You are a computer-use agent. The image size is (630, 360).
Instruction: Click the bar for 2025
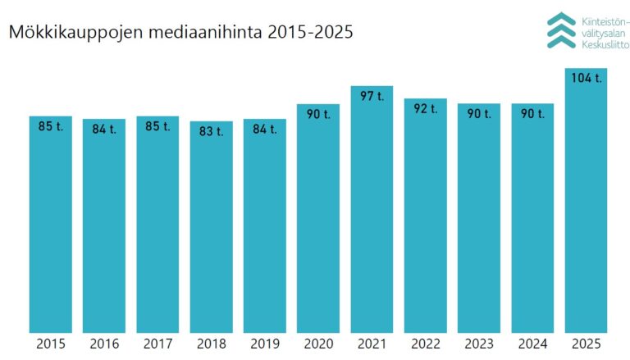586,205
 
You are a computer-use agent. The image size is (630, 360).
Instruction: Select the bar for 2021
371,213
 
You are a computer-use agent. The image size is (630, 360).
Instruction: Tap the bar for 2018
211,230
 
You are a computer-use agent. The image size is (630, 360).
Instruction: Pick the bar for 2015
50,226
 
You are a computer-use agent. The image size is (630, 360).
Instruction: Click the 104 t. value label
586,79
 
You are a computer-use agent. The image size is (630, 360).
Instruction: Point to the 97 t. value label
372,96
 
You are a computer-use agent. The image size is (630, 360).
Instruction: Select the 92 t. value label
425,108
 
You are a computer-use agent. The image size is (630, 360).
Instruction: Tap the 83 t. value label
211,131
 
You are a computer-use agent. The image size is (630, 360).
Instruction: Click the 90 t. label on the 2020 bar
317,114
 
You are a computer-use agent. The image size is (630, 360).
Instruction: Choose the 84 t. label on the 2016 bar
103,129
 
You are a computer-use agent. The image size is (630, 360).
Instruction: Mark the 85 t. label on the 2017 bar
157,126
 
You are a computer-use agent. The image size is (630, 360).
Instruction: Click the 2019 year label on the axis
264,344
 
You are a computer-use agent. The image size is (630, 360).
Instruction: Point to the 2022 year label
425,344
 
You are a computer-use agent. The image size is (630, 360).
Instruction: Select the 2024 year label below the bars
532,344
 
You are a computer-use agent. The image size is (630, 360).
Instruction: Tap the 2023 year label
478,344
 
